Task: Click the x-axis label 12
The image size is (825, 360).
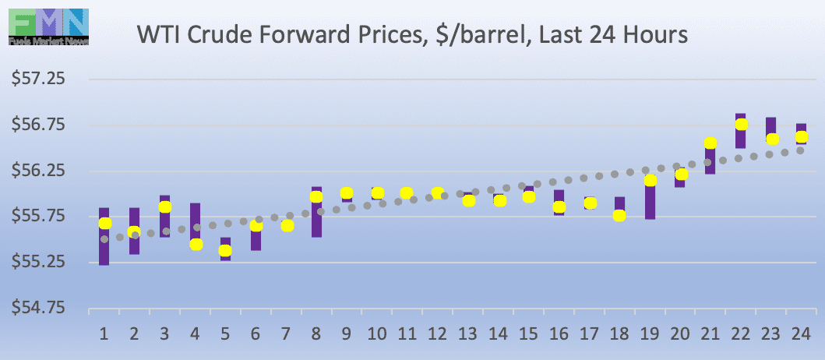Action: (438, 334)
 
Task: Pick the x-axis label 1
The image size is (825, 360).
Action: (104, 334)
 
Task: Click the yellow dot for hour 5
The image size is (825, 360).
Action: (225, 250)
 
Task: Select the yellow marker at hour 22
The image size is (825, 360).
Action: (742, 124)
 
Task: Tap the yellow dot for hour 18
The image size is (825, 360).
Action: (619, 216)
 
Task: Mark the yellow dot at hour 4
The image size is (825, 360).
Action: (196, 244)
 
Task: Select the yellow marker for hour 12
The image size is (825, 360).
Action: (438, 192)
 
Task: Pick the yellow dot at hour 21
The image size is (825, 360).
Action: (710, 143)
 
